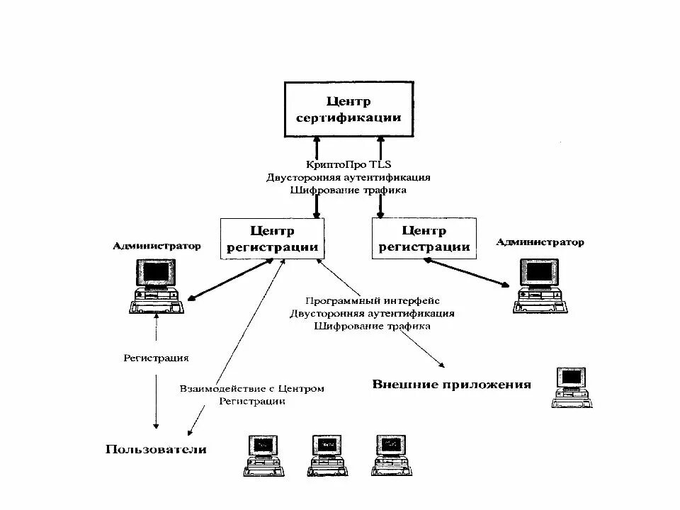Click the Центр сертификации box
coord(348,109)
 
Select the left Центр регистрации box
coord(273,239)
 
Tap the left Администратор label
coord(157,246)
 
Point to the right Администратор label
coord(540,242)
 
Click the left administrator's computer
coord(157,286)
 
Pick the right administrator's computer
coord(540,285)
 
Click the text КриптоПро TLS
coord(348,164)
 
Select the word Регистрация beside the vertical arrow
coord(156,358)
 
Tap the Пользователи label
coord(156,449)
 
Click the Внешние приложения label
coord(451,385)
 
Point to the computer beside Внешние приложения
coord(571,387)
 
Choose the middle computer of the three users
coord(327,454)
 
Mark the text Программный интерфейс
coord(373,300)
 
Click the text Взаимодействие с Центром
coord(252,388)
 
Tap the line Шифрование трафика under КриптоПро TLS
coord(348,190)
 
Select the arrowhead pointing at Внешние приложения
coord(441,365)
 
